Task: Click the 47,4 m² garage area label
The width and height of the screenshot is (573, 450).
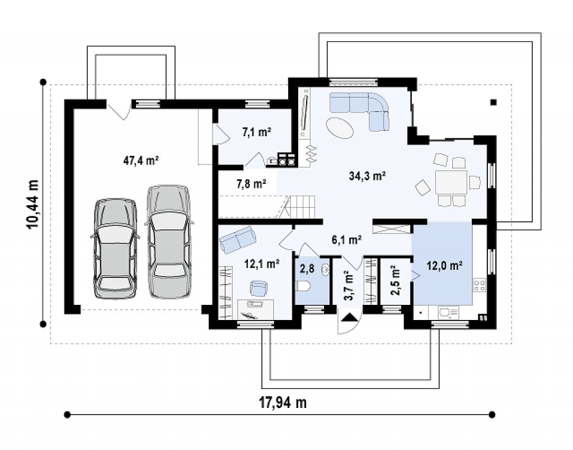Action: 140,161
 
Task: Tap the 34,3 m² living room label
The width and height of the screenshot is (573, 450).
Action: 368,176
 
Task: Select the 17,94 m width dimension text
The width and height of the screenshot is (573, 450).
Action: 283,402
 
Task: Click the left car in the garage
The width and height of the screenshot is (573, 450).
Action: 115,249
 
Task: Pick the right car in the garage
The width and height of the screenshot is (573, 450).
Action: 169,242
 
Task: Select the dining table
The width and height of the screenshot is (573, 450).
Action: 451,182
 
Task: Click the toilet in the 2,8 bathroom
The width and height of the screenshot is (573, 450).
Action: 303,286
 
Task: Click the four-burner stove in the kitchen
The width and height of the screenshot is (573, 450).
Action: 480,285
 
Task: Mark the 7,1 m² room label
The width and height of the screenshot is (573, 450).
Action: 256,132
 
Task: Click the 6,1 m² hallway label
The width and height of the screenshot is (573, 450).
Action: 346,240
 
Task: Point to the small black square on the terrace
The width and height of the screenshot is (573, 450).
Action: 494,103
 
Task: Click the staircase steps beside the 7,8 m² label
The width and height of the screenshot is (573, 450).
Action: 303,207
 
